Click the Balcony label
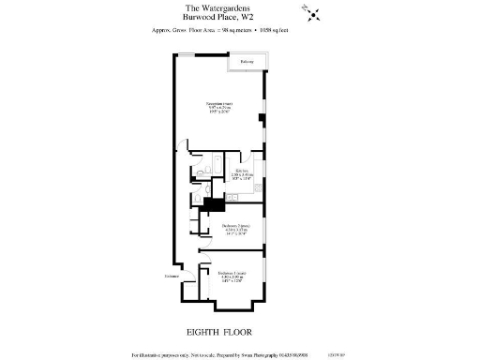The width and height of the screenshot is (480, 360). pyautogui.click(x=247, y=63)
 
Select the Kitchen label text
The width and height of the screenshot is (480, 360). pyautogui.click(x=242, y=171)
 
